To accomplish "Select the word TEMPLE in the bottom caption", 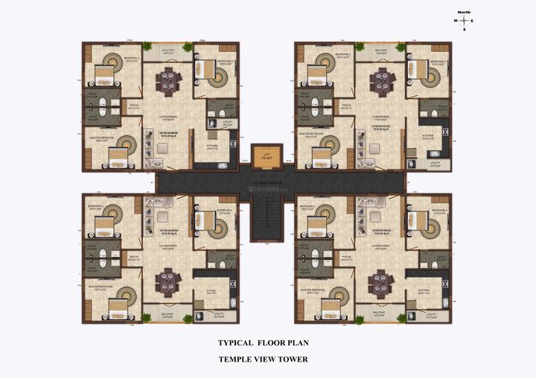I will pos(237,359).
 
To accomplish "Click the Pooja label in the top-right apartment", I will pos(346,105).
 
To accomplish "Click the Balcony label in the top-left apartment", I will pos(168,51).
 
